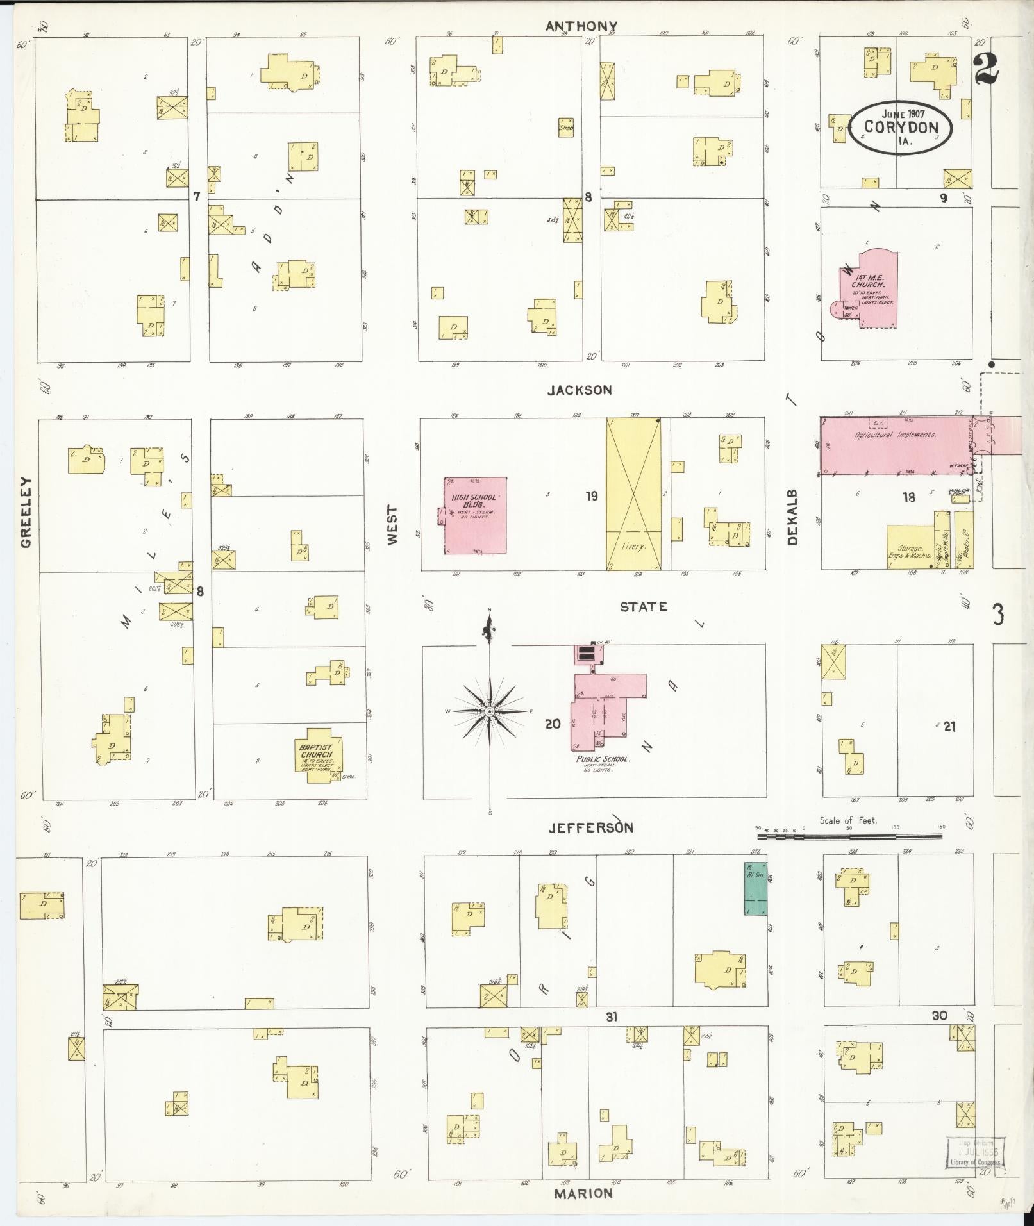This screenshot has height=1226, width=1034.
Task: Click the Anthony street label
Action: pyautogui.click(x=581, y=26)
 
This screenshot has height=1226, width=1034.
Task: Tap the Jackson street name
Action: pyautogui.click(x=580, y=390)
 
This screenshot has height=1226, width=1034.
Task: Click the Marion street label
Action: pyautogui.click(x=583, y=1193)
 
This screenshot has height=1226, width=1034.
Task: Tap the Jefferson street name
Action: pyautogui.click(x=590, y=827)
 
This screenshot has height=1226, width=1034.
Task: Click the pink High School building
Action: pyautogui.click(x=475, y=515)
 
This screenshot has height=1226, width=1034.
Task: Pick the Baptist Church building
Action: pyautogui.click(x=317, y=759)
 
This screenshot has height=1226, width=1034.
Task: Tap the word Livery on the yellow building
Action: pyautogui.click(x=634, y=548)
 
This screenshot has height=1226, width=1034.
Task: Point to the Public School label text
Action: pyautogui.click(x=602, y=759)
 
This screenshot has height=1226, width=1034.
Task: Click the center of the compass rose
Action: pyautogui.click(x=489, y=711)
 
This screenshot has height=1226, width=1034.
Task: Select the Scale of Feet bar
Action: pyautogui.click(x=849, y=836)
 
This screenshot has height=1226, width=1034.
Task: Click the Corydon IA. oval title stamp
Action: pyautogui.click(x=901, y=128)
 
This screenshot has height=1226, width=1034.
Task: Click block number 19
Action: pyautogui.click(x=591, y=495)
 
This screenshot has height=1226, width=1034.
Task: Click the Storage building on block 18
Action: pyautogui.click(x=909, y=547)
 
